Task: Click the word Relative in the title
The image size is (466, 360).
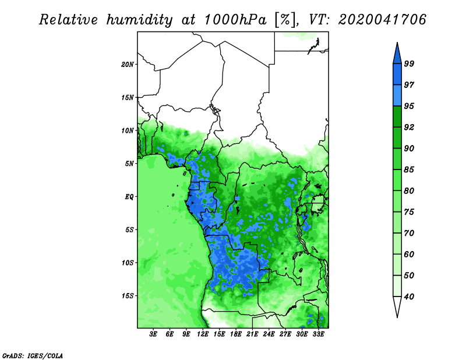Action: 68,20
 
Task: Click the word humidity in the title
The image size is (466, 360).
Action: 139,20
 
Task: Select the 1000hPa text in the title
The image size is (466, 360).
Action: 235,20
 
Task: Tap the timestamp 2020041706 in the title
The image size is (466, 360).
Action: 382,20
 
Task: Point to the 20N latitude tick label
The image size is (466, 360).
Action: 128,65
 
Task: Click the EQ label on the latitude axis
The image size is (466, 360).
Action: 129,197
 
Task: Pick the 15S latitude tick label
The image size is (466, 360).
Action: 128,296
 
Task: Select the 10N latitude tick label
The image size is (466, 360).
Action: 128,130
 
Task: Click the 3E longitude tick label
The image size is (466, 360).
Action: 153,334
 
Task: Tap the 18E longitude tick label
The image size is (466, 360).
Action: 236,334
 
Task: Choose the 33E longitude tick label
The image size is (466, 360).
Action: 318,334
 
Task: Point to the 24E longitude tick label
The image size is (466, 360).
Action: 269,334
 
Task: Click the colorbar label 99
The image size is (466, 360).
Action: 409,63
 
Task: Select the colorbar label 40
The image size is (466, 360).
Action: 409,297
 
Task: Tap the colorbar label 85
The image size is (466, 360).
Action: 409,170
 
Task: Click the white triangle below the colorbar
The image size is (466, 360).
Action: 397,305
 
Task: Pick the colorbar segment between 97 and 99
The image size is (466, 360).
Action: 397,75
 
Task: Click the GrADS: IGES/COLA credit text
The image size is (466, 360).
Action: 33,355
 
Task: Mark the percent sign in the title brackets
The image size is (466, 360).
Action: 285,20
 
